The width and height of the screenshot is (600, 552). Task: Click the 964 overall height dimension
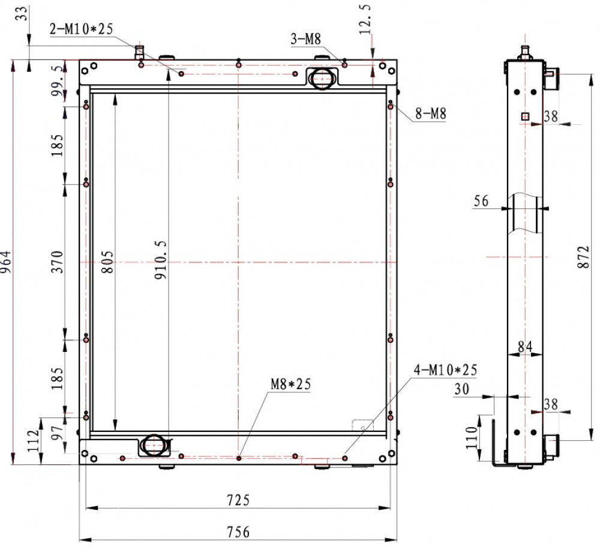6,262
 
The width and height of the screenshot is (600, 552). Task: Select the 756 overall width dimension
238,532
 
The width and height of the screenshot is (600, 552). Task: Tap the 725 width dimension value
238,500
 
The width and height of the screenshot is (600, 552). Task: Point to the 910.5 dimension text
161,259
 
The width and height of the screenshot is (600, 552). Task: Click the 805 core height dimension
108,262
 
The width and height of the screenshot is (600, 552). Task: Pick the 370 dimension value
58,262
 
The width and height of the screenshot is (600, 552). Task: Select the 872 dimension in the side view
583,257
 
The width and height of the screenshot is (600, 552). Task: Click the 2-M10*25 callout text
81,29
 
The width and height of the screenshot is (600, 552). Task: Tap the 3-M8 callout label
306,38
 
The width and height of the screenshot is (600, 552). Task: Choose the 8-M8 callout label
431,114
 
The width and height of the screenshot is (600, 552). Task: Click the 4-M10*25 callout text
445,369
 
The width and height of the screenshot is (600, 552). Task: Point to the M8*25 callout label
291,384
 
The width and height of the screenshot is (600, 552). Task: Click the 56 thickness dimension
481,201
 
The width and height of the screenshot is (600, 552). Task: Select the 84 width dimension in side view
525,347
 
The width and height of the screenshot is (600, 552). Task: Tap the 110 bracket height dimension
472,437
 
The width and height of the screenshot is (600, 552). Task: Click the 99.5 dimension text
58,80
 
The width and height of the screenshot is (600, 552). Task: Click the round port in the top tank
322,79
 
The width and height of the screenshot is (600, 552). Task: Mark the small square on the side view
525,116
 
